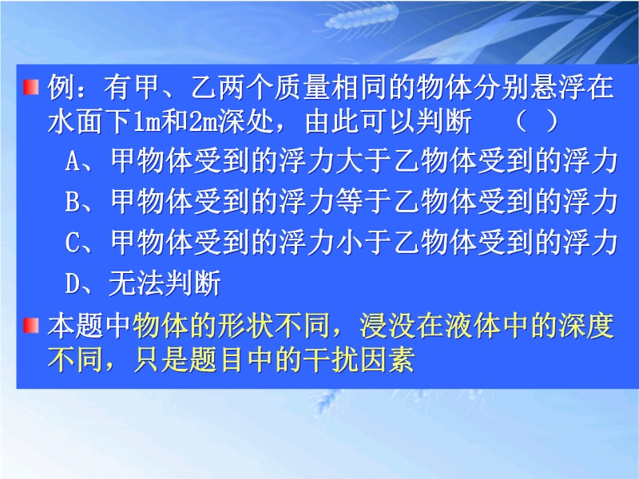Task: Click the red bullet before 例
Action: click(31, 88)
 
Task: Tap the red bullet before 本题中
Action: click(31, 326)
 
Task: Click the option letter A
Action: click(72, 161)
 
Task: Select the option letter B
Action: click(72, 201)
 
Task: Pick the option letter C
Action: click(72, 242)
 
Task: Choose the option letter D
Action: click(72, 283)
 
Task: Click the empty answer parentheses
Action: click(537, 121)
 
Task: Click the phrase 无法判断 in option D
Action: click(165, 283)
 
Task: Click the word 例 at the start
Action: click(62, 88)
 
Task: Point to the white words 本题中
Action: click(89, 326)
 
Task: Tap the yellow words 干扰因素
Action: click(359, 359)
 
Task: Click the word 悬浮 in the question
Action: click(558, 88)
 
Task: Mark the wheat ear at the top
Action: click(362, 17)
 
